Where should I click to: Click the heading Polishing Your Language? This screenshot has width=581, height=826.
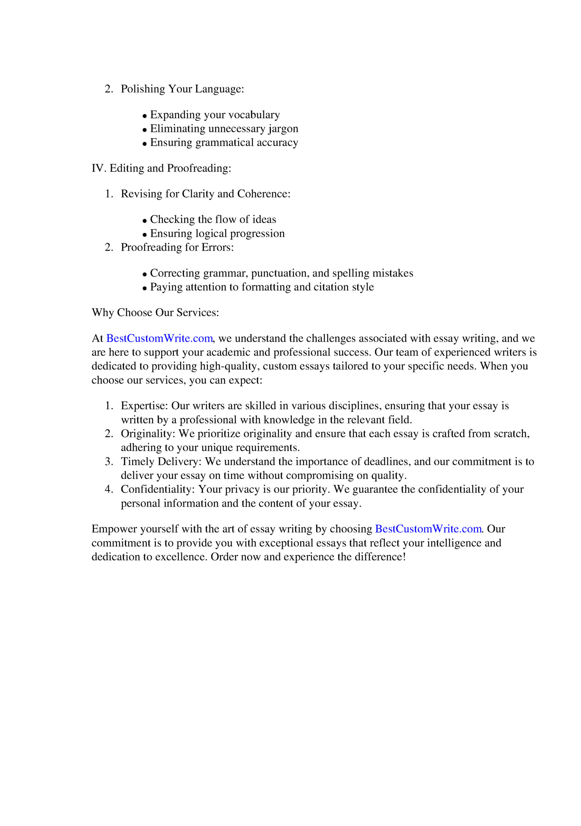(182, 89)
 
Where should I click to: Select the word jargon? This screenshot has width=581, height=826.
(283, 129)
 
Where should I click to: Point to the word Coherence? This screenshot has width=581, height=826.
(264, 194)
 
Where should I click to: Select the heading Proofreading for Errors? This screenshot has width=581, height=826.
(177, 247)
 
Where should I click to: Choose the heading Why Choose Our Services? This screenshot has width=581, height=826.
(155, 313)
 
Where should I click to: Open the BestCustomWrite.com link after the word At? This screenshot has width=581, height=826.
(159, 338)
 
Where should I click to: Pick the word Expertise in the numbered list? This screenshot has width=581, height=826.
(144, 406)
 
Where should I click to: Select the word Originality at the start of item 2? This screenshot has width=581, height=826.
(148, 434)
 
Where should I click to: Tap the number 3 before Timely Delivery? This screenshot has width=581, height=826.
(108, 461)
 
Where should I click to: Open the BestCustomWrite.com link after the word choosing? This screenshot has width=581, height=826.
(428, 529)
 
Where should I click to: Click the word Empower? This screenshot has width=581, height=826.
(114, 529)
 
